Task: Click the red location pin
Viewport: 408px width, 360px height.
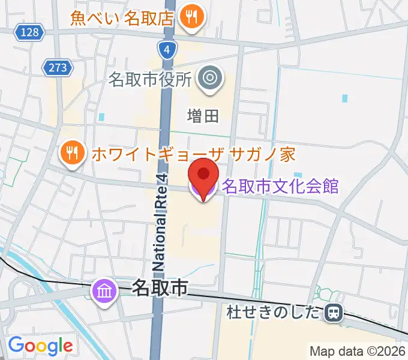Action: point(203,175)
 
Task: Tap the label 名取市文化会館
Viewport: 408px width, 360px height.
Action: point(280,186)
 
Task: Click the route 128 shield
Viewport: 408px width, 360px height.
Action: point(29,32)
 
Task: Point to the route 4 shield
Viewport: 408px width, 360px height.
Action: point(169,50)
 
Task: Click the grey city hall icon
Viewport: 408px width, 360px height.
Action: point(211,77)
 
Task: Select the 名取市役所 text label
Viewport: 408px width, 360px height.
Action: point(151,79)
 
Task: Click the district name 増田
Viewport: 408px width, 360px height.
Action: point(204,115)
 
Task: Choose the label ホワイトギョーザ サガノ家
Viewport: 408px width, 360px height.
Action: point(194,154)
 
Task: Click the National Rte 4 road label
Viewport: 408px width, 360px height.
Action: point(160,221)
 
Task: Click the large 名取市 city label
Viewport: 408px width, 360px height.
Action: point(159,289)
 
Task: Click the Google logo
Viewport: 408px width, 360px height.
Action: point(40,346)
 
